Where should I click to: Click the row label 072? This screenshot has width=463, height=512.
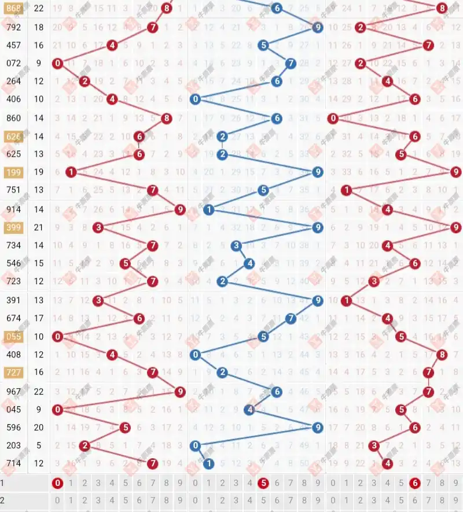click(x=13, y=64)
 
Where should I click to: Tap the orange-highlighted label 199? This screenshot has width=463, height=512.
click(x=13, y=172)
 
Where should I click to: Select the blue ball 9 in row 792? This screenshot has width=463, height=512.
click(x=317, y=27)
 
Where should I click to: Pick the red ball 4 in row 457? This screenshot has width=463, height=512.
click(x=112, y=45)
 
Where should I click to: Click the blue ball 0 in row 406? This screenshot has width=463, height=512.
click(x=196, y=100)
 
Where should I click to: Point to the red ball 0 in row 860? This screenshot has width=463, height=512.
click(x=333, y=119)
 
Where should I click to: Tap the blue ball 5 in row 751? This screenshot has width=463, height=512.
click(x=263, y=190)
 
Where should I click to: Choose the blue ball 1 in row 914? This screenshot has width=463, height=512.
click(x=209, y=210)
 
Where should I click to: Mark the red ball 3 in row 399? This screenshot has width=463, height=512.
click(x=98, y=228)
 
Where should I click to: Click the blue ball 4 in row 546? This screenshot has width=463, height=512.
click(x=249, y=264)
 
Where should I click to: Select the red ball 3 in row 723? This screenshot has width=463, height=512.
click(x=374, y=282)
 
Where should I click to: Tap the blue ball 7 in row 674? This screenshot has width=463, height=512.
click(x=291, y=318)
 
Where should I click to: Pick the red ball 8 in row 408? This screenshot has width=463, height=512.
click(x=442, y=355)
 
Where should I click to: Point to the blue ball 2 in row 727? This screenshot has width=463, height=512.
click(x=222, y=373)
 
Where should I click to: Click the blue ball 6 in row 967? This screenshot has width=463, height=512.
click(x=277, y=392)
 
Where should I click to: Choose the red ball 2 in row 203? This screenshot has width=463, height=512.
click(x=84, y=445)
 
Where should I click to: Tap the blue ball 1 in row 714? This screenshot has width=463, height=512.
click(x=209, y=463)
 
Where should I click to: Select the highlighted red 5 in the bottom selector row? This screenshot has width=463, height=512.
click(x=263, y=483)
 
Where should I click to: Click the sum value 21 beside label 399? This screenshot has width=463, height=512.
click(x=39, y=228)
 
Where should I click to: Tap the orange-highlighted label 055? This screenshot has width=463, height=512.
click(x=13, y=337)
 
